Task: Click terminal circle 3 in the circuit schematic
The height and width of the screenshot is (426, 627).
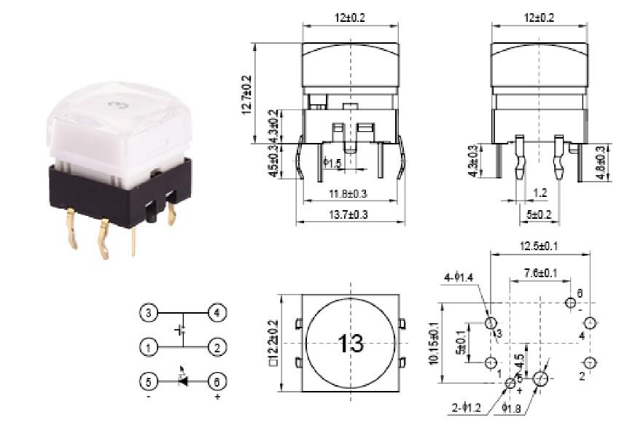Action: coord(148,314)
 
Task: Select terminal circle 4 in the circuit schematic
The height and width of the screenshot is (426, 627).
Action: coord(217,314)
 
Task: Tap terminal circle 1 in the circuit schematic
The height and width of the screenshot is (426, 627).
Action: coord(148,348)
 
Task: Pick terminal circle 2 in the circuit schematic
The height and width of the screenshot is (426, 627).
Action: coord(217,348)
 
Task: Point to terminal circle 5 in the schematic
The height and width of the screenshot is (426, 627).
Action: coord(148,381)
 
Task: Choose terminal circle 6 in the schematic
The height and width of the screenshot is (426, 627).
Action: coord(217,381)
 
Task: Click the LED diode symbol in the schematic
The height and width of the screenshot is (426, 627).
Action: coord(182,381)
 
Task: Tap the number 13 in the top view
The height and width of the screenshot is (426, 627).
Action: coord(351,344)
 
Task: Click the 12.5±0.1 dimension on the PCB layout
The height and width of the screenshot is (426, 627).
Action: coord(540,247)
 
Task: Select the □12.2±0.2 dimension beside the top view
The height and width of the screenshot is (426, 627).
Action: coord(273,344)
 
